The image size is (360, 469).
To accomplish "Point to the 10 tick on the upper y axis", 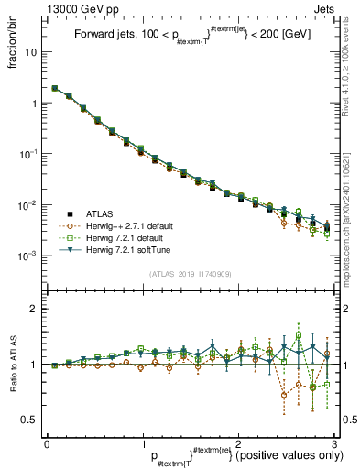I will (32, 52).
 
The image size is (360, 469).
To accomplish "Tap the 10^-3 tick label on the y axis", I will (30, 255).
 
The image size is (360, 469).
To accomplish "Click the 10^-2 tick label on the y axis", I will (30, 204).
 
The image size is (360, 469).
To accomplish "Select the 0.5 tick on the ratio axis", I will (31, 420).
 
